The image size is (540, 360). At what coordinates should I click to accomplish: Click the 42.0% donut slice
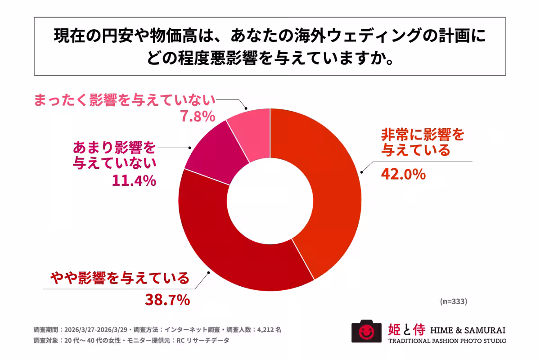[x=333, y=189]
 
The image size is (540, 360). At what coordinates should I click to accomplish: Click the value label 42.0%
[x=403, y=174]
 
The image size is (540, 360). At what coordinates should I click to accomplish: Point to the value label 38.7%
[x=167, y=300]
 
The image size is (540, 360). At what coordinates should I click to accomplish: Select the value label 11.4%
[x=134, y=181]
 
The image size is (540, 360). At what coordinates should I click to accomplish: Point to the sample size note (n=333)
[x=453, y=301]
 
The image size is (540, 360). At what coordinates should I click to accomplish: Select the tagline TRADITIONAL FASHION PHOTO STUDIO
[x=447, y=341]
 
